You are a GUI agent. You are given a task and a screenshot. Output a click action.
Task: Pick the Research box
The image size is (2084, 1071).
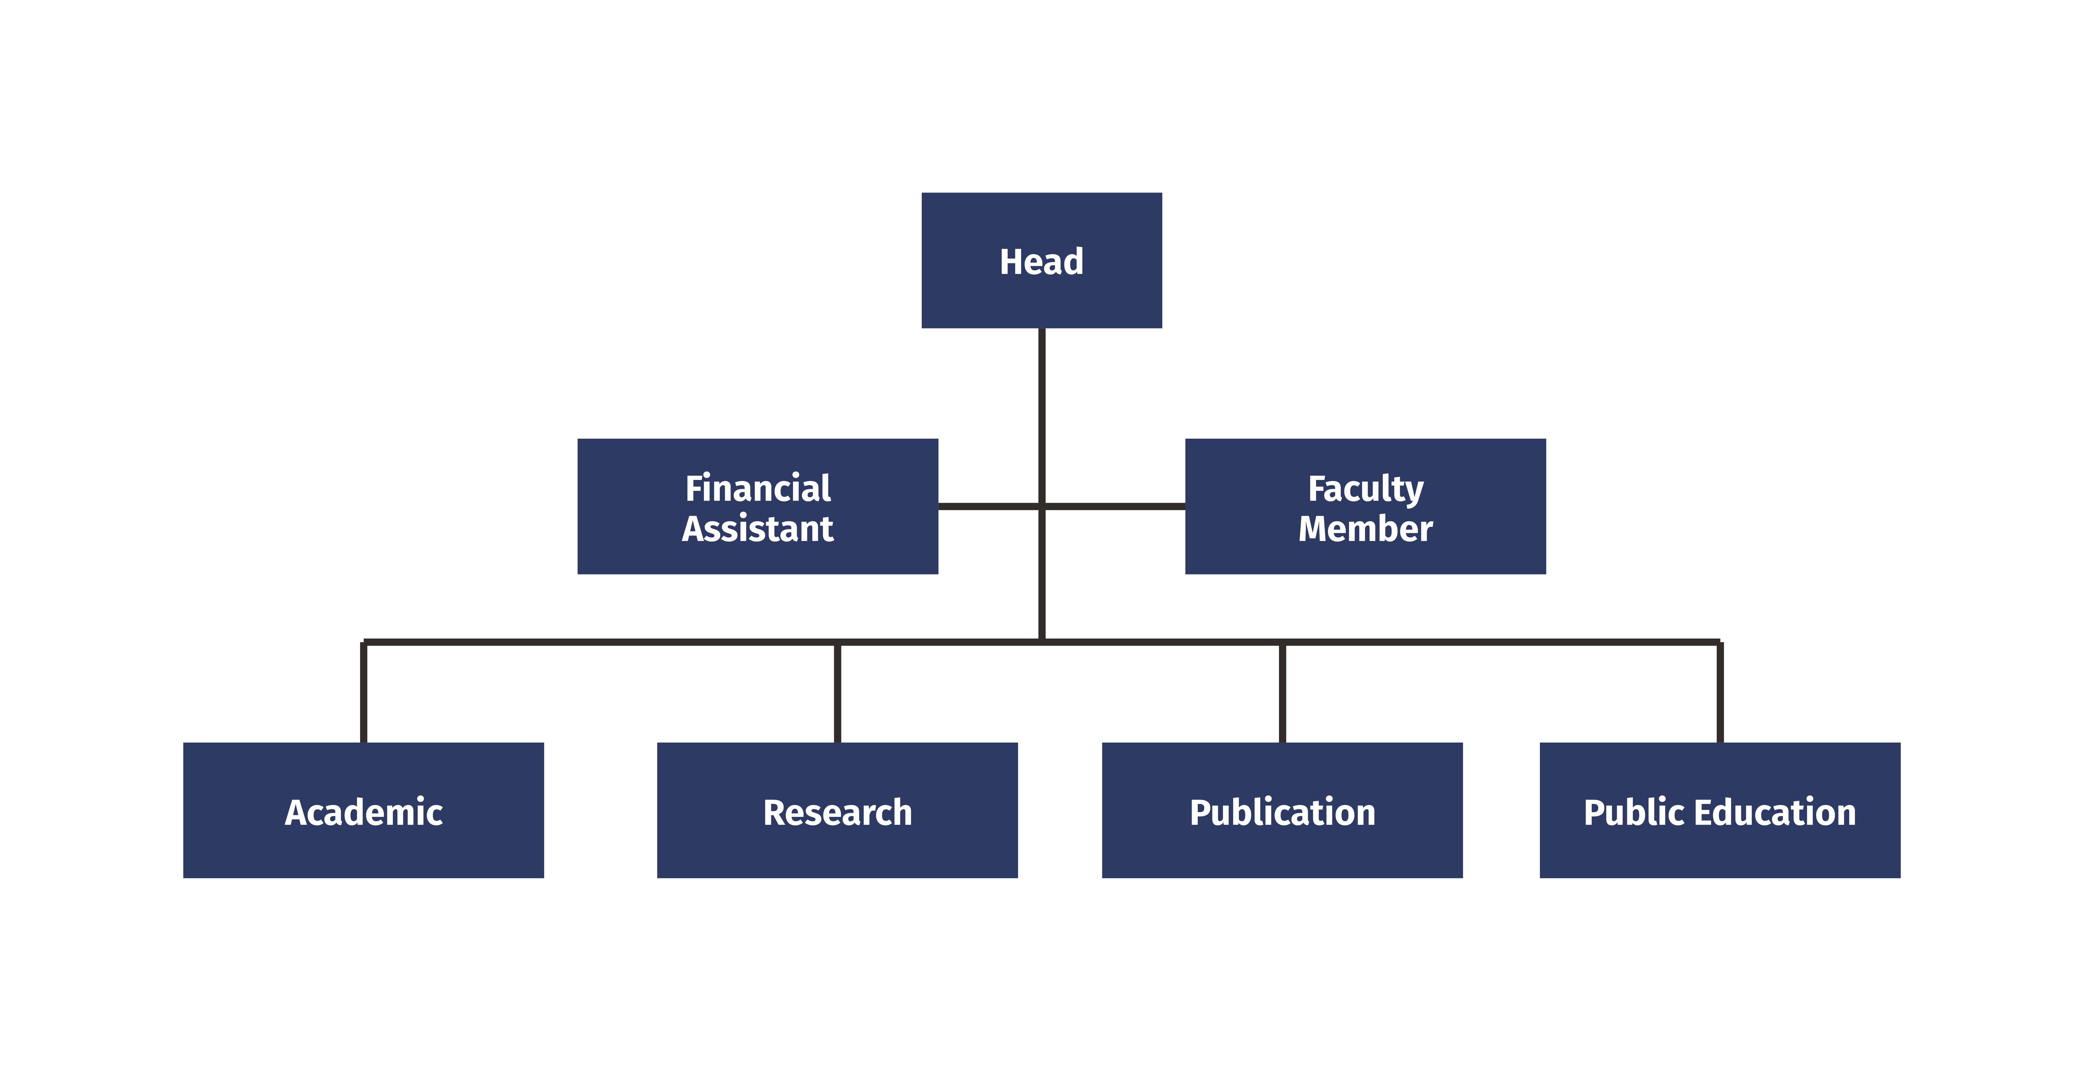[837, 811]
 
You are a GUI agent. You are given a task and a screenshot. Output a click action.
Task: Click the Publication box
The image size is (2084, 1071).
[1282, 811]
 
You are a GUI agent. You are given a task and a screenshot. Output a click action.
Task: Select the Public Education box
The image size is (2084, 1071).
[1720, 811]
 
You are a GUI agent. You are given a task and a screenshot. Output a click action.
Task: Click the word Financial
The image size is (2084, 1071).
[758, 488]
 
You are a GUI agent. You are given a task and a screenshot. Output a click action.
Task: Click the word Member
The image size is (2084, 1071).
[1366, 528]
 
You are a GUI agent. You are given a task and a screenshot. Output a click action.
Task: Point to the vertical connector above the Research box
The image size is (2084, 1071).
[837, 692]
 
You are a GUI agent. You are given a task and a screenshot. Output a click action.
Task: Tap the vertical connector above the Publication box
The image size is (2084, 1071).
[1282, 692]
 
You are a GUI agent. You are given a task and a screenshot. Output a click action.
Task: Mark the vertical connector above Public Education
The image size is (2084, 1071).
[1720, 692]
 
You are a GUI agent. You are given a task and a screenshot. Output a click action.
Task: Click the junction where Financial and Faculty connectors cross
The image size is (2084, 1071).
[1042, 506]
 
